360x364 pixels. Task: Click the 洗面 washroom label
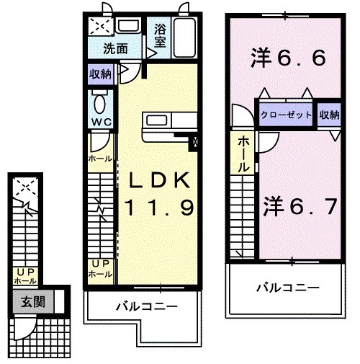click(115, 50)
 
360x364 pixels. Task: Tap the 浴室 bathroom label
click(159, 37)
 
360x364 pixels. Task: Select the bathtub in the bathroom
click(185, 37)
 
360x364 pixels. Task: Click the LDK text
click(161, 179)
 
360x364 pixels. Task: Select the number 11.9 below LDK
click(160, 209)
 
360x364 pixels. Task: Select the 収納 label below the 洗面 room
click(100, 74)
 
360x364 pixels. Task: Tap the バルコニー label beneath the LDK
click(147, 307)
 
